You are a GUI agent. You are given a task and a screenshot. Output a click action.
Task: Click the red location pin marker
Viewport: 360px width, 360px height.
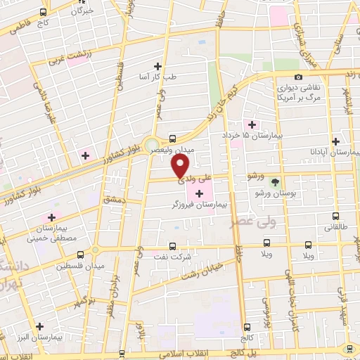coord(181,166)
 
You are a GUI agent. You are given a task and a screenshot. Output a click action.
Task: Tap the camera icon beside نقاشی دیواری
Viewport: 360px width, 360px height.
coord(298,77)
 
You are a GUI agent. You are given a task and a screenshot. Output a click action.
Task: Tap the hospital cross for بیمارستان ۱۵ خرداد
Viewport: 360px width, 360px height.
coord(252,124)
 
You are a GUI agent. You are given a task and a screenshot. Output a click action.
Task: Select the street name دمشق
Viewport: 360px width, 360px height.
coord(112,200)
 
